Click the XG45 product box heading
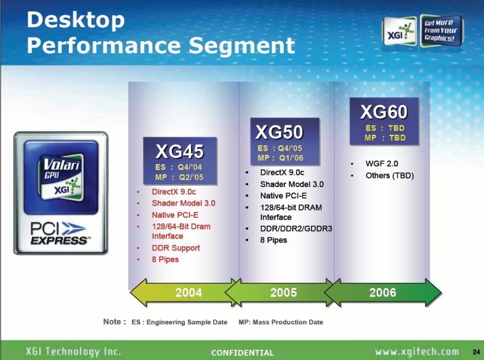(179, 151)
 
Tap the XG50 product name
(280, 132)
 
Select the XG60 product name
(384, 112)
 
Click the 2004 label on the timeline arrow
(189, 292)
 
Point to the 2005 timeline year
(283, 292)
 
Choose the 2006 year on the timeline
(382, 292)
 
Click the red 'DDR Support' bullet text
(175, 248)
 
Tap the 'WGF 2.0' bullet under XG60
(382, 163)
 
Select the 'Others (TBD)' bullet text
(390, 175)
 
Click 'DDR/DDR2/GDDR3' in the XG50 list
(296, 229)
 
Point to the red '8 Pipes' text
(165, 260)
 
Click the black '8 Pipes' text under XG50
(273, 240)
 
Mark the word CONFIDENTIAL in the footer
(243, 353)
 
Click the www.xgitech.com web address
(417, 352)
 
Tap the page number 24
(476, 352)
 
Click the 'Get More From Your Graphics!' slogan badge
(440, 31)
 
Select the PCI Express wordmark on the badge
(59, 234)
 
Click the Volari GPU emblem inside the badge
(61, 177)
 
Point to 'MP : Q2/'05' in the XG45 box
(179, 177)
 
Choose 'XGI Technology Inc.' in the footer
(73, 352)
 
